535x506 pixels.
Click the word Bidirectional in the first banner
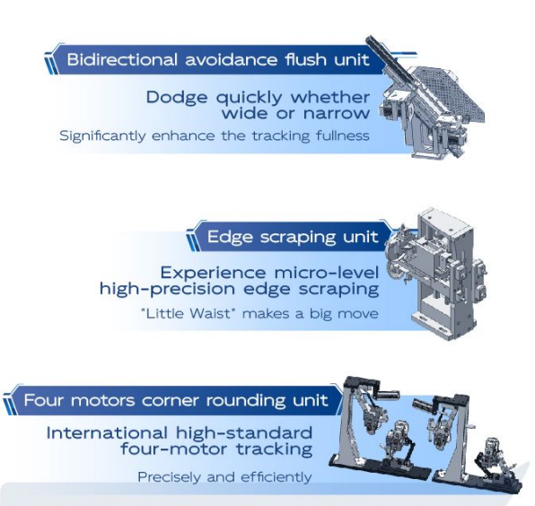pyautogui.click(x=122, y=59)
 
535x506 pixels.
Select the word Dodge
pyautogui.click(x=177, y=98)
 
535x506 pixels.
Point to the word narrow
pyautogui.click(x=337, y=113)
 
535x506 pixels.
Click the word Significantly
pyautogui.click(x=102, y=136)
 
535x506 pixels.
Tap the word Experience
pyautogui.click(x=213, y=273)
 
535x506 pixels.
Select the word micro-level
pyautogui.click(x=327, y=273)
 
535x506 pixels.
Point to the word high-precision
pyautogui.click(x=167, y=289)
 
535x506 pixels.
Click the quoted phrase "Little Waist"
pyautogui.click(x=189, y=313)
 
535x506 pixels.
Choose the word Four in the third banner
pyautogui.click(x=44, y=399)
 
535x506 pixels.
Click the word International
pyautogui.click(x=107, y=433)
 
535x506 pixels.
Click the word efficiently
pyautogui.click(x=276, y=477)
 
